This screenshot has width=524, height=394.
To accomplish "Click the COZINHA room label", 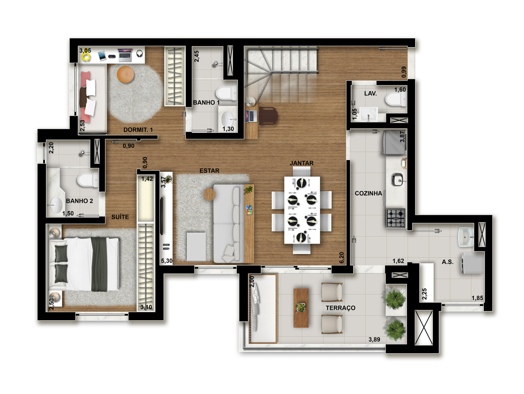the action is coord(368,193).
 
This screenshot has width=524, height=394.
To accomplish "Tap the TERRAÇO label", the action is coord(340,308).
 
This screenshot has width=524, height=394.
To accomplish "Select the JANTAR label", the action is coord(301,163).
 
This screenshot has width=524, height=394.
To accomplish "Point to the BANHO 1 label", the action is coord(206,103).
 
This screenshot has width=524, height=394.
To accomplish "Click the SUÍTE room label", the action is coord(120,217).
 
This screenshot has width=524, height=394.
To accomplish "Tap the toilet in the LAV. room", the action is coord(396,99).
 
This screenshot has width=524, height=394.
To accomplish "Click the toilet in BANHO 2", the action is coord(87,180).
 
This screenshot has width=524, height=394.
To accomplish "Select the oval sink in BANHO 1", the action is coord(227,118).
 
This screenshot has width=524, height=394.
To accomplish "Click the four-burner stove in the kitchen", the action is coord(396,218).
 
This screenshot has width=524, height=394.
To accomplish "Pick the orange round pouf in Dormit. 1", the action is coord(125,74).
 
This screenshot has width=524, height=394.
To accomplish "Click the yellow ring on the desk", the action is coord(86,57).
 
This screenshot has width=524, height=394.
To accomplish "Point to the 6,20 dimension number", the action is coord(342,258).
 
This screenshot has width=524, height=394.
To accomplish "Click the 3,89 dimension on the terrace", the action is coord(374,340).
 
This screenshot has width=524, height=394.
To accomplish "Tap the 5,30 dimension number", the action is coord(167,261).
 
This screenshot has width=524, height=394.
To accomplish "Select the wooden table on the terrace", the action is coord(301,308).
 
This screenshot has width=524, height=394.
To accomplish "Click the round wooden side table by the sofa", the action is coord(210,194).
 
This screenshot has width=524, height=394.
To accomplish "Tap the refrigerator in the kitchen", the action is coord(394,143).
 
